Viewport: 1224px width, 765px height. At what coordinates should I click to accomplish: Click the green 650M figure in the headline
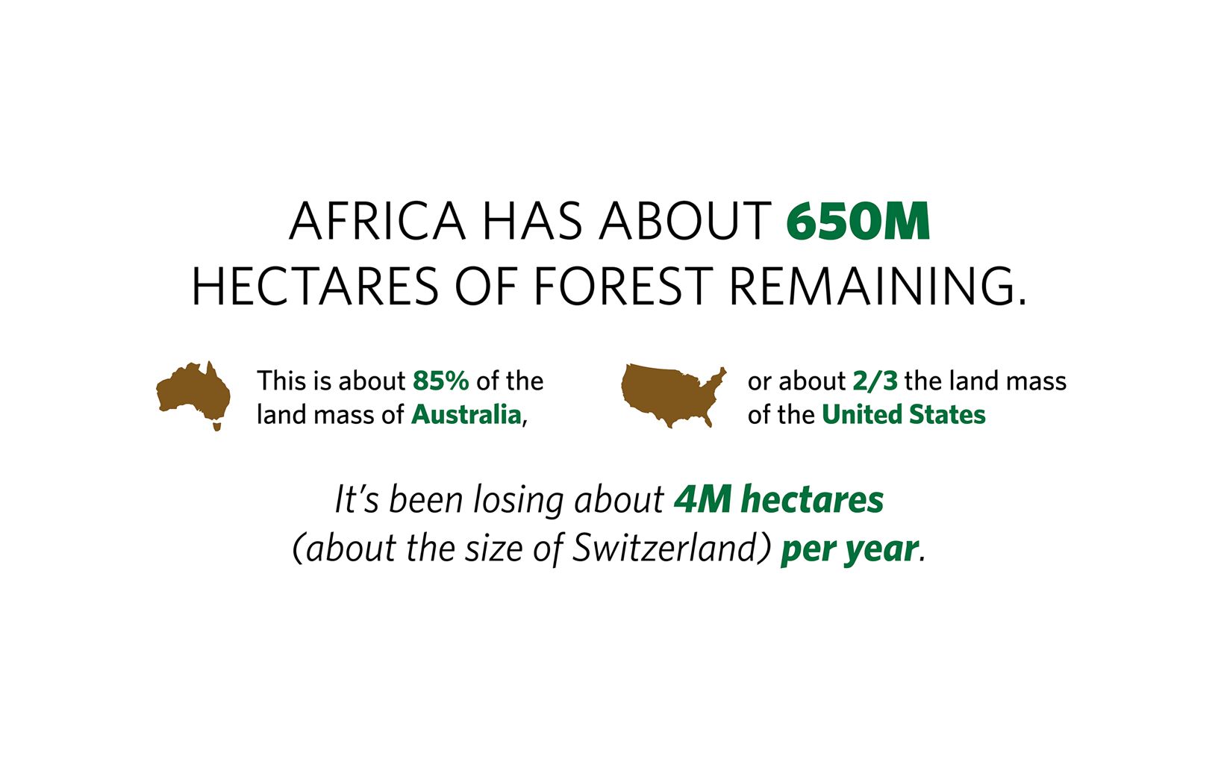pyautogui.click(x=858, y=222)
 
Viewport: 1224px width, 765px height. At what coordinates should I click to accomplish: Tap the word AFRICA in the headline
pyautogui.click(x=377, y=222)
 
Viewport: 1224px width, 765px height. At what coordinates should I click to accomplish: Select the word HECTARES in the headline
pyautogui.click(x=315, y=287)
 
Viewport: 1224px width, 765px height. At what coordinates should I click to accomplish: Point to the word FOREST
pyautogui.click(x=624, y=287)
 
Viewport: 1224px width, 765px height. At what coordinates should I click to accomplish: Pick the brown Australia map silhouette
pyautogui.click(x=193, y=393)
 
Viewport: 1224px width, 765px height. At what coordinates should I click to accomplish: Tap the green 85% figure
pyautogui.click(x=441, y=381)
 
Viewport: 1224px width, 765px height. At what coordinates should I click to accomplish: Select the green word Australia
pyautogui.click(x=466, y=415)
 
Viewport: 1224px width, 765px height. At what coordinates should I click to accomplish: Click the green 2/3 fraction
pyautogui.click(x=875, y=381)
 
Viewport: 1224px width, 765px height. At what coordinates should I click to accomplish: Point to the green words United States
pyautogui.click(x=904, y=415)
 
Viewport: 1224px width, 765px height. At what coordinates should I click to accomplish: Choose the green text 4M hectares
pyautogui.click(x=778, y=499)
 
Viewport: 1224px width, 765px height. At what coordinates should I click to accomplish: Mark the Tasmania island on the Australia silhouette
pyautogui.click(x=217, y=425)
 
